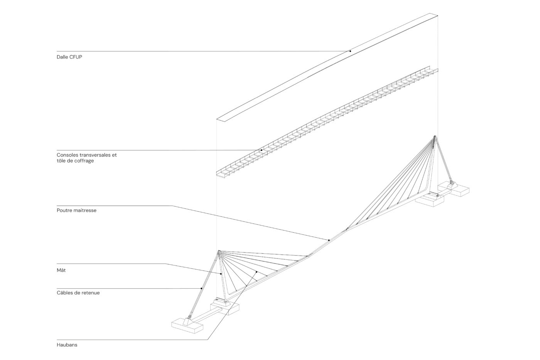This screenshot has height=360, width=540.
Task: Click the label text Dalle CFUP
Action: pos(69,57)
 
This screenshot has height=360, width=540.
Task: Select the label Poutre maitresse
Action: pos(76,211)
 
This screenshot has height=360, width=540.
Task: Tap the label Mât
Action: pos(61,270)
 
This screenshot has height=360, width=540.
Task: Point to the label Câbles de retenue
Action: pos(78,293)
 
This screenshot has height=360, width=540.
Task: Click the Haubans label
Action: pos(67,345)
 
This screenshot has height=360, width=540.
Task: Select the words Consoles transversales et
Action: pos(86,155)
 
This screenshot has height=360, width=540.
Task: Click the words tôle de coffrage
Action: pos(75,161)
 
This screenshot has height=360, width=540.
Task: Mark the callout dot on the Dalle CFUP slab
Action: pos(350,51)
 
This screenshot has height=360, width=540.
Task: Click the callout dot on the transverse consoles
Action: pos(261,150)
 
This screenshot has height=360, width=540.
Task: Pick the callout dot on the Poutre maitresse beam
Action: pos(329,240)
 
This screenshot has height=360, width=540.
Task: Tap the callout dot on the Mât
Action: pos(221,274)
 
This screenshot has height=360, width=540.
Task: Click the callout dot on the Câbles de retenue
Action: pos(201,288)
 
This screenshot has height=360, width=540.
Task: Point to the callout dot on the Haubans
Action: pos(256,272)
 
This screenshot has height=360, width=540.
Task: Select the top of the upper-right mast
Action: pos(435,137)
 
